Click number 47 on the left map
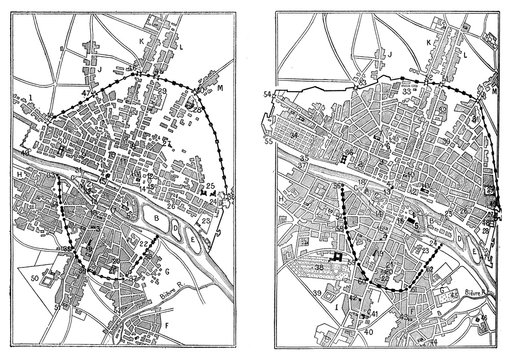pos(87,91)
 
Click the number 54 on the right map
pos(269,93)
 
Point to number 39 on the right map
pos(319,293)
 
